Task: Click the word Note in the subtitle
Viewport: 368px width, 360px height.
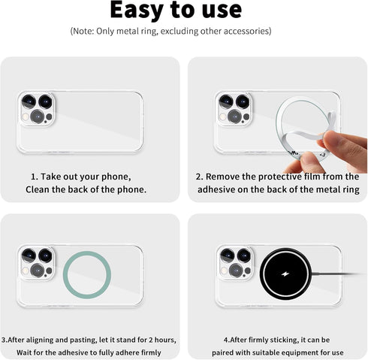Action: pyautogui.click(x=86, y=31)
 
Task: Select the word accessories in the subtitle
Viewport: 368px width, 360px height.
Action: pyautogui.click(x=242, y=31)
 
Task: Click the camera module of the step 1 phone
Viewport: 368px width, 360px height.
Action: pyautogui.click(x=35, y=109)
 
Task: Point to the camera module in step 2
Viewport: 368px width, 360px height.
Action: pyautogui.click(x=234, y=109)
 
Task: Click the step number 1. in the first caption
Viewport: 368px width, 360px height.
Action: pyautogui.click(x=35, y=176)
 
